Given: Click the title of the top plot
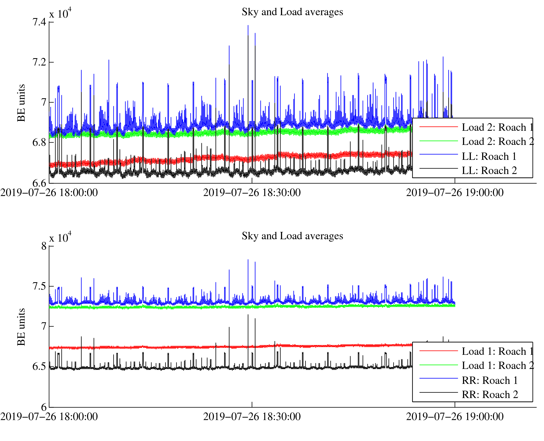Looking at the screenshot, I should pyautogui.click(x=292, y=12).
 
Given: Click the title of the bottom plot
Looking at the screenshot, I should pyautogui.click(x=292, y=236).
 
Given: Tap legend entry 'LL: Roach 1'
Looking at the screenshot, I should pyautogui.click(x=489, y=156).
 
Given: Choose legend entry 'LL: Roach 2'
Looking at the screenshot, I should pyautogui.click(x=489, y=171).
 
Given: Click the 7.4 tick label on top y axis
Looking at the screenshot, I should pyautogui.click(x=39, y=22).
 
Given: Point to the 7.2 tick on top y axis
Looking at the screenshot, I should pyautogui.click(x=39, y=62).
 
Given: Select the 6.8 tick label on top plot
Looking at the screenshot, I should pyautogui.click(x=39, y=143).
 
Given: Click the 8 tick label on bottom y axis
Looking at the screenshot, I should pyautogui.click(x=44, y=246).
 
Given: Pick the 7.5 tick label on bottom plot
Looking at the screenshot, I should pyautogui.click(x=39, y=286).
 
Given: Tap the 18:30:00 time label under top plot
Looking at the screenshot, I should pyautogui.click(x=252, y=193).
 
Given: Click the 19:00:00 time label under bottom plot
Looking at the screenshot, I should pyautogui.click(x=455, y=417).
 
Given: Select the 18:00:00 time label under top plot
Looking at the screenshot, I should pyautogui.click(x=49, y=193).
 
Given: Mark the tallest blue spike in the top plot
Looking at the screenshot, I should pyautogui.click(x=248, y=26).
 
